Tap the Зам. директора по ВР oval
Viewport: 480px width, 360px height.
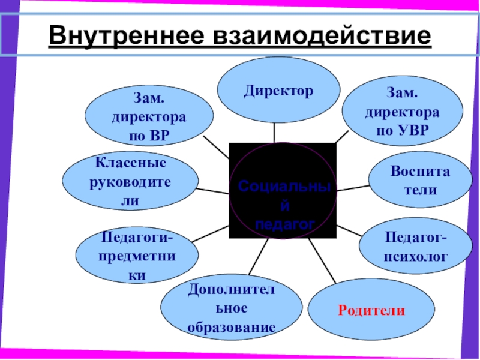point(149,116)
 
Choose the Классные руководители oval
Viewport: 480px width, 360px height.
point(130,182)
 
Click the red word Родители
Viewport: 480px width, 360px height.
point(371,311)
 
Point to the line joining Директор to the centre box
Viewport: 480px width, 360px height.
point(275,133)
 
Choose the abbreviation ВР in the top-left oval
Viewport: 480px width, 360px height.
point(158,135)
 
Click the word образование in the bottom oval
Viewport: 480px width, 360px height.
point(231,328)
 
